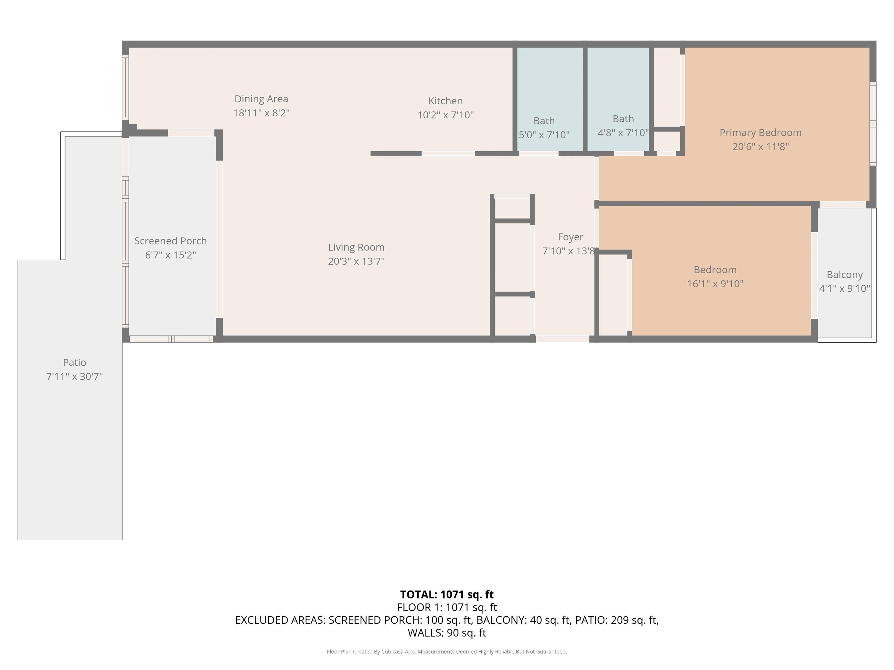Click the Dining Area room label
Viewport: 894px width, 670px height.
(x=261, y=99)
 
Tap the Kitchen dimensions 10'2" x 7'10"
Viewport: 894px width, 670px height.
(x=445, y=115)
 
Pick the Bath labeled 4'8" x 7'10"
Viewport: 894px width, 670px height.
(x=623, y=126)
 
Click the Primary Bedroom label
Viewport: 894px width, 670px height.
(x=760, y=133)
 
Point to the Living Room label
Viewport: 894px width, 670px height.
(x=356, y=247)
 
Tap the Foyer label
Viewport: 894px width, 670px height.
(x=570, y=237)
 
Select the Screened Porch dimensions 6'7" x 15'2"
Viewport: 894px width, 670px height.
(x=171, y=255)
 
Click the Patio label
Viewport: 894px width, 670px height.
(x=74, y=362)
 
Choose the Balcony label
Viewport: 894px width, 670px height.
(x=844, y=275)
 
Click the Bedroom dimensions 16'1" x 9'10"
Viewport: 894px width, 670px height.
(x=715, y=284)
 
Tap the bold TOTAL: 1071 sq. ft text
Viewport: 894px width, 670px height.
(x=447, y=594)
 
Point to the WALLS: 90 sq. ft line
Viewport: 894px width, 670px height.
(x=447, y=633)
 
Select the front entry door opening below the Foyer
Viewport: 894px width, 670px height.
(x=562, y=339)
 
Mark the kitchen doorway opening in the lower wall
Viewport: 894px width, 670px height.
(x=448, y=154)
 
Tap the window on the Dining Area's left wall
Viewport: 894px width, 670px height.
(x=125, y=87)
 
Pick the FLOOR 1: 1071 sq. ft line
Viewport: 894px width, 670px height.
(x=447, y=607)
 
